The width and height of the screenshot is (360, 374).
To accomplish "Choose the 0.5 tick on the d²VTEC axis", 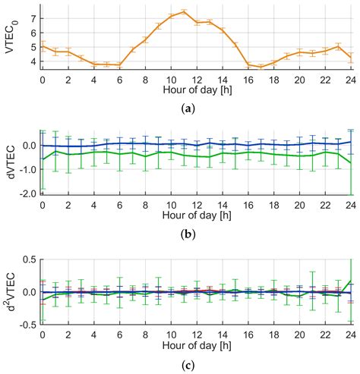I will [x=30, y=260].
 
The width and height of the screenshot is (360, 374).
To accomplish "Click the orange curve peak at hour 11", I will [x=185, y=11].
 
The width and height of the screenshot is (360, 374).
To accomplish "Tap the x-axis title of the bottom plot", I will [x=197, y=346].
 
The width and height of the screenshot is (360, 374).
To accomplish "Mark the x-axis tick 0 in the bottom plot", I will [x=43, y=335].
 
